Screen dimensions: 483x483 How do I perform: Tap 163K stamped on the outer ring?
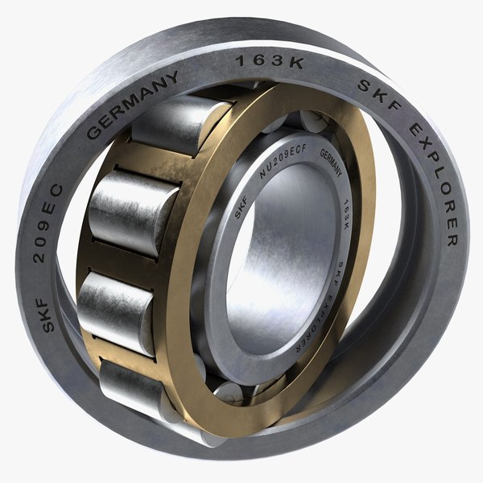coord(267,62)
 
